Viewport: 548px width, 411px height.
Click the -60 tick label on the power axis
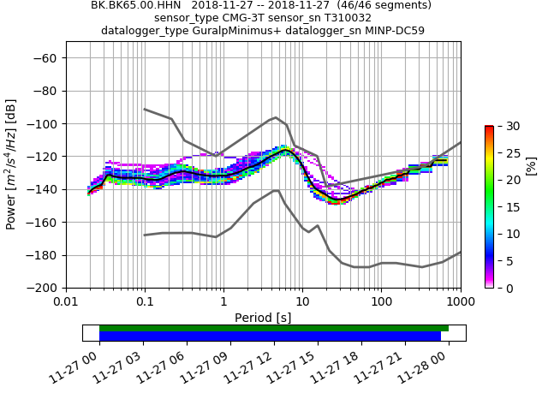(x=46, y=58)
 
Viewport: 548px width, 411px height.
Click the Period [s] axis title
(x=263, y=318)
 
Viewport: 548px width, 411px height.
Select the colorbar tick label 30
(x=505, y=126)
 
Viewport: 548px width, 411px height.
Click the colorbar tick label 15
(x=505, y=207)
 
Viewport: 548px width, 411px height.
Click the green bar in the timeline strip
(x=274, y=328)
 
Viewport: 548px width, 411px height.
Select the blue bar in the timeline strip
(x=270, y=337)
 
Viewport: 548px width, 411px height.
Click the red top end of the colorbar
(x=489, y=128)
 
